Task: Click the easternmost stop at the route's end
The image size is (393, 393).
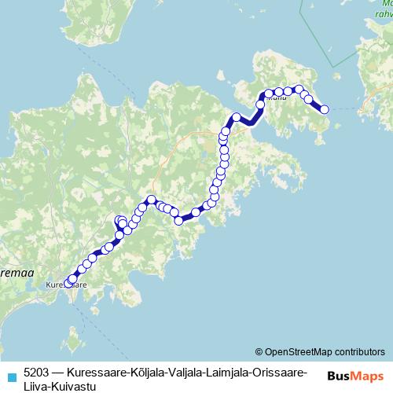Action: [324, 110]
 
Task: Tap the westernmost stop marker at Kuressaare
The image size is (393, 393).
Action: [68, 283]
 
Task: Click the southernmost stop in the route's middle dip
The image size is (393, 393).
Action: [178, 221]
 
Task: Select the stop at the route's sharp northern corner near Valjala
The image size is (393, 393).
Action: [151, 200]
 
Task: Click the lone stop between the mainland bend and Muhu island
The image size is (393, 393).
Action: [236, 118]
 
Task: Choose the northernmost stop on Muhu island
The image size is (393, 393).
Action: [299, 90]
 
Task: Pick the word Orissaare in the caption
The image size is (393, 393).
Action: [275, 369]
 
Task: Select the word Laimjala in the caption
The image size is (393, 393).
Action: [224, 369]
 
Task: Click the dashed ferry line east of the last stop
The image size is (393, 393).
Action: [342, 108]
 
